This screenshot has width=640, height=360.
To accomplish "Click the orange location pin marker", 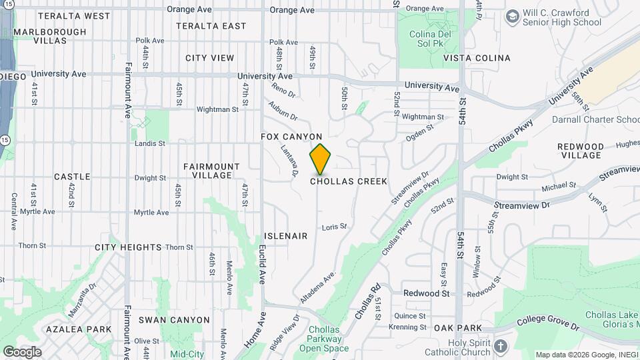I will pos(321,159).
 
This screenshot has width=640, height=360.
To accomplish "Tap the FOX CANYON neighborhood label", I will pos(291,137).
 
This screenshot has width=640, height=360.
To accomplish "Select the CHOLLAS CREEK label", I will pos(349,181).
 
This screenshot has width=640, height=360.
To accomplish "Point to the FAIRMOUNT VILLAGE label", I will pos(211,171).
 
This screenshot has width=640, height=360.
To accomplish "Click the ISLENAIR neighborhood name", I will pos(285,236).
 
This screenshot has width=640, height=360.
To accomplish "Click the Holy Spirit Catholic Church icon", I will pos(501,346).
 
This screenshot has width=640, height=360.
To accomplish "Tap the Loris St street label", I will pos(335,227).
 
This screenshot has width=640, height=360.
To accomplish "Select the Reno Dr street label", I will pos(283,89).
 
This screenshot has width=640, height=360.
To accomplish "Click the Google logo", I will pos(22,351).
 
